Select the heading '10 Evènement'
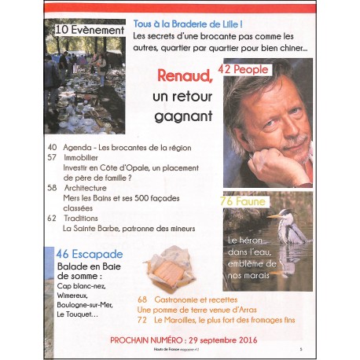click(91, 30)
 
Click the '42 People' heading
click(243, 69)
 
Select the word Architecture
click(85, 189)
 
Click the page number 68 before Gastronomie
click(143, 300)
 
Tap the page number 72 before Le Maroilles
click(142, 321)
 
